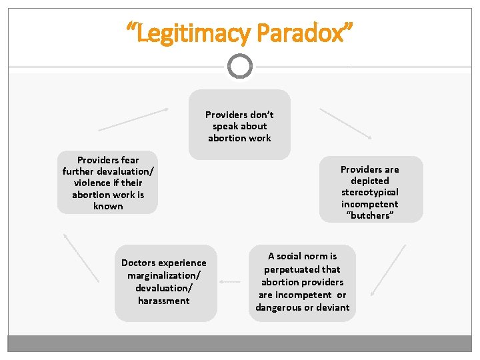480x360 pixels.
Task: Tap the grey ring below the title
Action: click(239, 66)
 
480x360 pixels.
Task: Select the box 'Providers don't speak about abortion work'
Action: click(239, 125)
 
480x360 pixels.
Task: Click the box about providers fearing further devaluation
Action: click(107, 182)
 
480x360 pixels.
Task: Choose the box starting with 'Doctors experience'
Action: click(164, 282)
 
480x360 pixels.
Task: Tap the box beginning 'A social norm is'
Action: click(302, 281)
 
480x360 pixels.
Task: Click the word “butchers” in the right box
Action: click(370, 216)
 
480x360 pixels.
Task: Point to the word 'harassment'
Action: click(164, 301)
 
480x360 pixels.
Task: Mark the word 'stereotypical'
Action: click(370, 193)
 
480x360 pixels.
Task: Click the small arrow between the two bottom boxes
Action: click(229, 281)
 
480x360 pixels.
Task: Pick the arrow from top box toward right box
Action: click(345, 123)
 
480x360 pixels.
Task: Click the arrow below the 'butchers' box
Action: click(388, 270)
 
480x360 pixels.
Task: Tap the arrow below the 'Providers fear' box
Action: click(81, 257)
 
